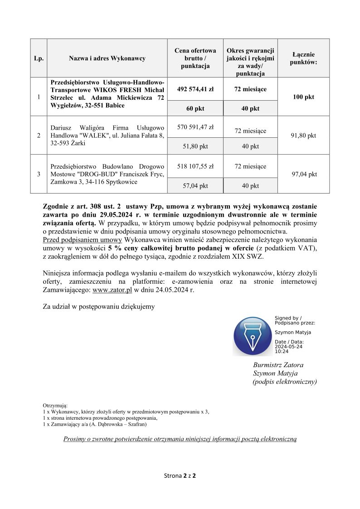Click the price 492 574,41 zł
[x=195, y=89]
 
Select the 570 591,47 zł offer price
[x=195, y=127]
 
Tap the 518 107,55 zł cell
[x=195, y=166]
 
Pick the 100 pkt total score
[x=303, y=97]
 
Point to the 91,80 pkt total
[x=303, y=136]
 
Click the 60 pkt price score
[x=195, y=109]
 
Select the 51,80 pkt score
[x=195, y=146]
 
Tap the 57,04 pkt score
[x=195, y=186]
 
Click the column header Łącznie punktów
[x=303, y=58]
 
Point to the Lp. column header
[x=39, y=58]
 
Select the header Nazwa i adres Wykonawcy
[x=107, y=58]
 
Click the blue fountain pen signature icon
[x=252, y=336]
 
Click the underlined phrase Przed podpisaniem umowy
[x=82, y=240]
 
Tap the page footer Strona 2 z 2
[x=180, y=476]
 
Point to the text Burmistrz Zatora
[x=278, y=365]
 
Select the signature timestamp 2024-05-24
[x=288, y=347]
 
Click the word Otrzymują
[x=55, y=405]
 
